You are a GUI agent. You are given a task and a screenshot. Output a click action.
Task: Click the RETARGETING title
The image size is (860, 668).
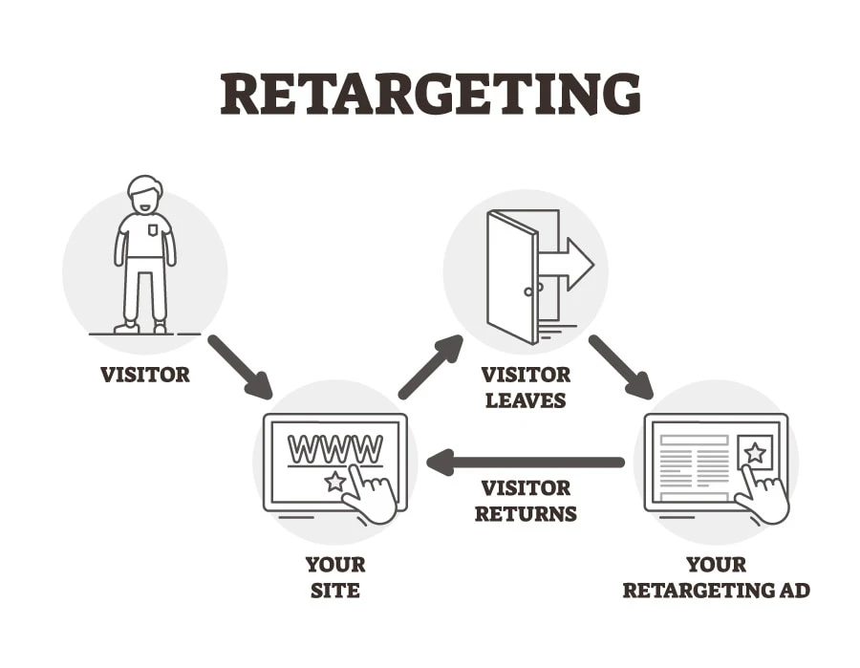tap(430, 94)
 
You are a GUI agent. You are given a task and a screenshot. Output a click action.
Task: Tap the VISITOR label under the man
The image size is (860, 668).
tap(145, 374)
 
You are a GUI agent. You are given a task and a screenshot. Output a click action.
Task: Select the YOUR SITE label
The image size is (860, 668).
tap(334, 577)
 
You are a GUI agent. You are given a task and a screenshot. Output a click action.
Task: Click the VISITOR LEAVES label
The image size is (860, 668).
tap(527, 386)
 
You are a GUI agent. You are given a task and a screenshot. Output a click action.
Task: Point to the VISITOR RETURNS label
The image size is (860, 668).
tap(526, 501)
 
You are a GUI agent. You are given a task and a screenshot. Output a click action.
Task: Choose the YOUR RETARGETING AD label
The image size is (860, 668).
tap(716, 577)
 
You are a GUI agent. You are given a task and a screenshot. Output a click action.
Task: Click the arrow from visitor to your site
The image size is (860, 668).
tap(239, 366)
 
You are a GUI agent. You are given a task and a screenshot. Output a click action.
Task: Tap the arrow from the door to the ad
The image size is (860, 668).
tap(620, 366)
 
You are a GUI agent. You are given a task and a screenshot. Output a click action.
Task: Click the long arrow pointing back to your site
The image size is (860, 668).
tap(525, 463)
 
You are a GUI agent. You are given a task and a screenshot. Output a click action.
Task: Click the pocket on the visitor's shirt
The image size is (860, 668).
tap(153, 229)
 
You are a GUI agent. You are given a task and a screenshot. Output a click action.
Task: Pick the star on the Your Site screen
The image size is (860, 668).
tap(334, 482)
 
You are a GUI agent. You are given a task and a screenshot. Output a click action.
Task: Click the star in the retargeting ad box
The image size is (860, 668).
tap(755, 452)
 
